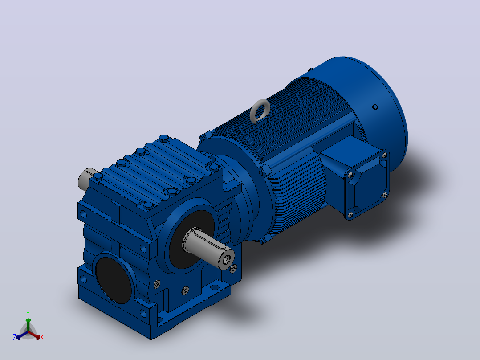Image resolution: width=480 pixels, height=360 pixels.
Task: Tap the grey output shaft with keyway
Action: tap(208, 248)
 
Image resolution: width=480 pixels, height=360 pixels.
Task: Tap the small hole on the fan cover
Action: tap(375, 107)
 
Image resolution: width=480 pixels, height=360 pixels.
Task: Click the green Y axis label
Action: tap(28, 313)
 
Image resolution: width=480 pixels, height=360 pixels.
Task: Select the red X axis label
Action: tap(42, 337)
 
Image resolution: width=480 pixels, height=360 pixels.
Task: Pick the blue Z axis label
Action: tap(14, 337)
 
